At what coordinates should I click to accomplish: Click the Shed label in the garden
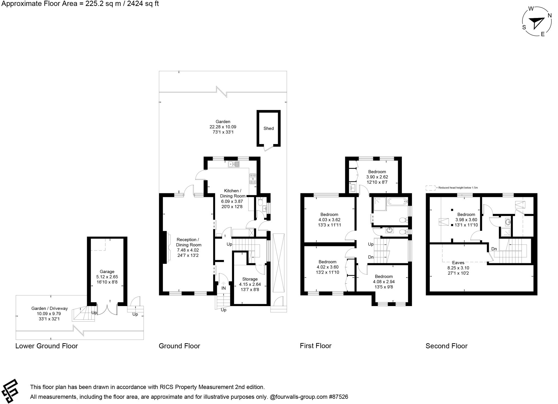[x=268, y=128]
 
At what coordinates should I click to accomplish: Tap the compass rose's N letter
[x=550, y=16]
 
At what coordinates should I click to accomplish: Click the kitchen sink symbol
[x=234, y=164]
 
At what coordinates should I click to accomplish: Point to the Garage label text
[x=107, y=272]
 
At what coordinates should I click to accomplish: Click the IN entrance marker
[x=223, y=288]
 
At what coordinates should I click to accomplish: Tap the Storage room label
[x=250, y=279]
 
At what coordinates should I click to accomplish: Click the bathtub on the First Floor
[x=397, y=202]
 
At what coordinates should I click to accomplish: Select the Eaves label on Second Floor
[x=458, y=263]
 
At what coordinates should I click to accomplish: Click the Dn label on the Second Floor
[x=494, y=249]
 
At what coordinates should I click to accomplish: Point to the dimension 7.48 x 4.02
[x=188, y=250]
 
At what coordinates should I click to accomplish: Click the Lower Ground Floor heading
[x=47, y=346]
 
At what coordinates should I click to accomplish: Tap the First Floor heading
[x=316, y=346]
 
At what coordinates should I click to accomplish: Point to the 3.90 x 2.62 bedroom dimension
[x=377, y=177]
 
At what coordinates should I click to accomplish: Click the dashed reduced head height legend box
[x=430, y=188]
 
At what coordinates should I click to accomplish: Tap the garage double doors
[x=107, y=310]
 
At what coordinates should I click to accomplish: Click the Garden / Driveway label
[x=49, y=309]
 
